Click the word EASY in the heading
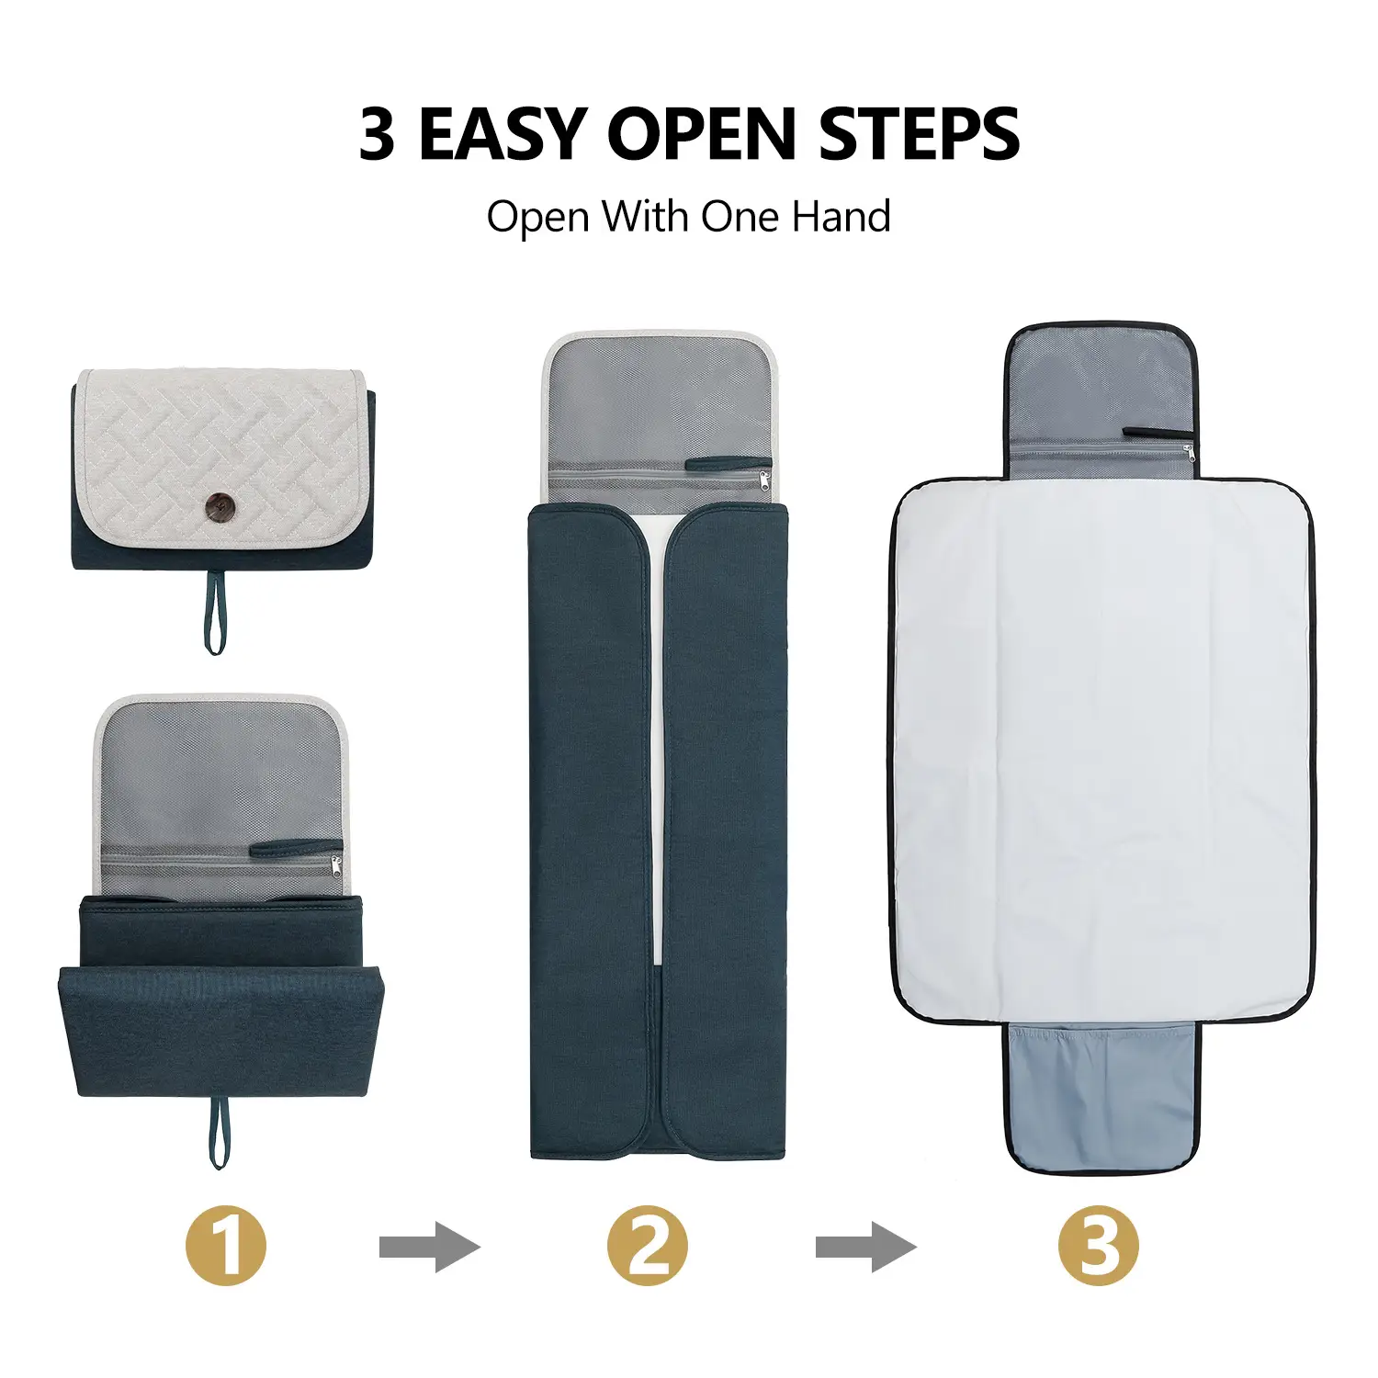click(503, 134)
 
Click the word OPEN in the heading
click(701, 134)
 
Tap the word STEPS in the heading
click(919, 134)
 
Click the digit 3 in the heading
click(377, 134)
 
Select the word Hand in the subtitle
click(841, 217)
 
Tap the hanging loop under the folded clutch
click(214, 611)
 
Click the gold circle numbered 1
click(226, 1246)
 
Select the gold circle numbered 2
click(647, 1246)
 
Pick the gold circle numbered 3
click(1098, 1246)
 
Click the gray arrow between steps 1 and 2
click(429, 1248)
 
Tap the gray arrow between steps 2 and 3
click(865, 1248)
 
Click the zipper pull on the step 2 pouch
click(764, 480)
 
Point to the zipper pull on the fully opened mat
click(1189, 452)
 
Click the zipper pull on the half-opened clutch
click(335, 864)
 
